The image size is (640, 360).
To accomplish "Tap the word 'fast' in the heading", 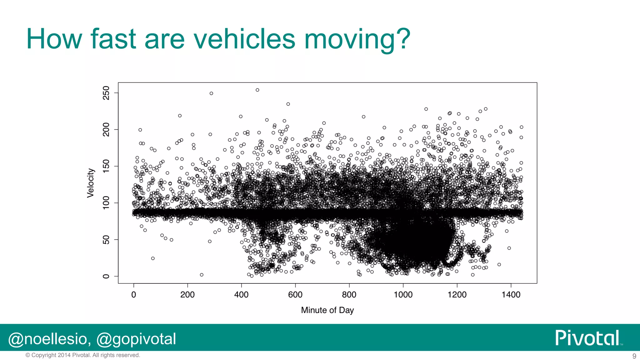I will (x=113, y=39).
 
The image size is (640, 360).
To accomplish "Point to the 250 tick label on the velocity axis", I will (x=106, y=93).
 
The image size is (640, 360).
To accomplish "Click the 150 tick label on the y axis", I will (x=106, y=166).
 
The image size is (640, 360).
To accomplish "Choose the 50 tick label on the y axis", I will (x=106, y=240).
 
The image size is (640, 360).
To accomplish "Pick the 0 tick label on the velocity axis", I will (x=106, y=276).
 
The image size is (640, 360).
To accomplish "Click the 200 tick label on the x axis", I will (x=187, y=295).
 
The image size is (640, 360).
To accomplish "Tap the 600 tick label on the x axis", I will (x=295, y=295).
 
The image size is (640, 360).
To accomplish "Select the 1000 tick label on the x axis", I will (x=403, y=295).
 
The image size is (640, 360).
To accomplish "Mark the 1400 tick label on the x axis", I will (x=511, y=295).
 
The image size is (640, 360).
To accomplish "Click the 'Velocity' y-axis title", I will (x=90, y=183).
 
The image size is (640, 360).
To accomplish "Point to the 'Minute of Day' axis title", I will (x=327, y=310).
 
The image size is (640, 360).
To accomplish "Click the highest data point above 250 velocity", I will (x=257, y=90).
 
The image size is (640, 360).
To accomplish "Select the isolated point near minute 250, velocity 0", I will (x=202, y=275).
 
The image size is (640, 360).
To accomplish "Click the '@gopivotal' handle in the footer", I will (x=136, y=339).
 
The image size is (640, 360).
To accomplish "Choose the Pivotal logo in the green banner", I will (x=588, y=338).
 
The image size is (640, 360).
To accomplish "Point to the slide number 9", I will (x=634, y=356).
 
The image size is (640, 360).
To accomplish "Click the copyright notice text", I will (x=83, y=355).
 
